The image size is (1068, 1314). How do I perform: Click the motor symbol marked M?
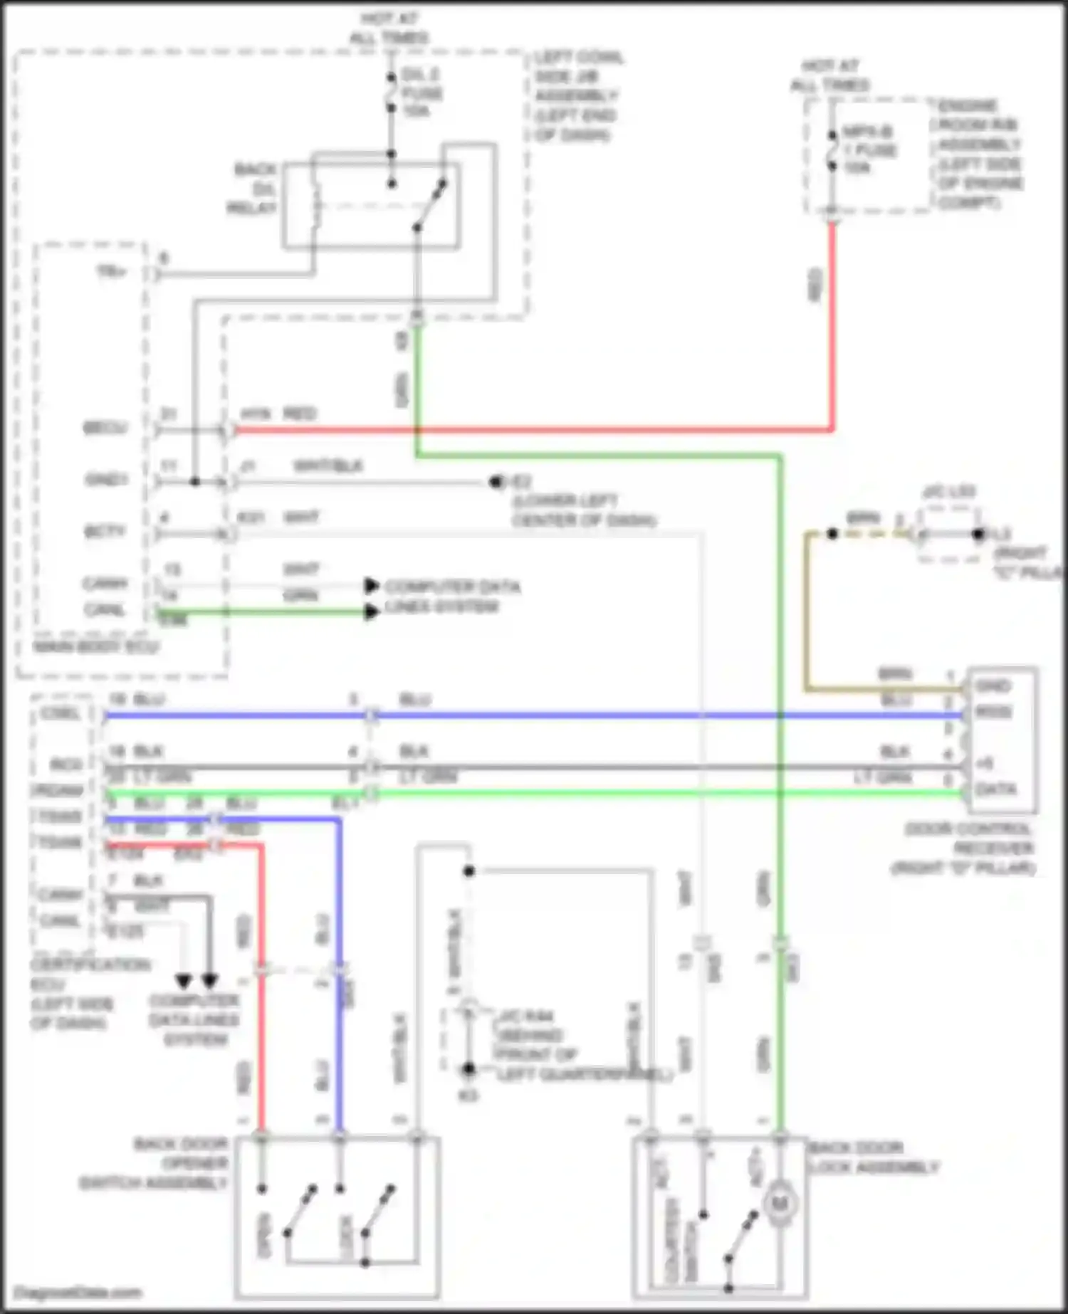(x=780, y=1204)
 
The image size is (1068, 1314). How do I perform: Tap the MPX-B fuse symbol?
(x=832, y=150)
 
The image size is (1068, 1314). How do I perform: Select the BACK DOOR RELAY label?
(x=253, y=189)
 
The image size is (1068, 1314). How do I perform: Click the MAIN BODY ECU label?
(x=96, y=647)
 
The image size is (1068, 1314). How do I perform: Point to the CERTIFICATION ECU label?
(x=89, y=994)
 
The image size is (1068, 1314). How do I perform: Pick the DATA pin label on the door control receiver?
(x=995, y=789)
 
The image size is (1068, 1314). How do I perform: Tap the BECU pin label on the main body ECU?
(x=105, y=429)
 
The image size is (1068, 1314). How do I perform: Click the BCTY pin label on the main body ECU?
(x=105, y=532)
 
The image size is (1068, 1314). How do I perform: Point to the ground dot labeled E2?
(x=496, y=482)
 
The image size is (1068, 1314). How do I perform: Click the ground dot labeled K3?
(x=468, y=1069)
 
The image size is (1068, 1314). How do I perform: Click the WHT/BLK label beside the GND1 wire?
(x=328, y=466)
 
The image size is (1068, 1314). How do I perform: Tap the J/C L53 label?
(x=948, y=492)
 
